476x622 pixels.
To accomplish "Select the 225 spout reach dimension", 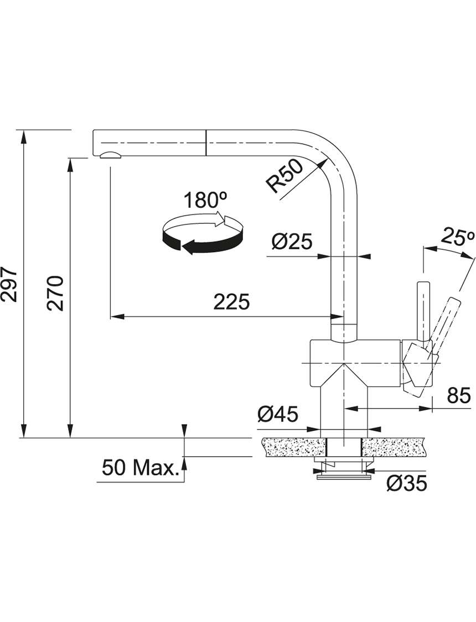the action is [232, 301].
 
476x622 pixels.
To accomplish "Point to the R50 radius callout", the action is [284, 177].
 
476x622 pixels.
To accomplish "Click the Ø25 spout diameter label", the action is [292, 242].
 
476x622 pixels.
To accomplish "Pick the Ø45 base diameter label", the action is [277, 415].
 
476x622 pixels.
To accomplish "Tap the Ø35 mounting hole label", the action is [406, 483].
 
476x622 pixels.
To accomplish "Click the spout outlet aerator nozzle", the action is [110, 155].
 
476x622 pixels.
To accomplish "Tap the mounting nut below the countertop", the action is [344, 469].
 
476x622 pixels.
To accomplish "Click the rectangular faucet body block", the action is [356, 363].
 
